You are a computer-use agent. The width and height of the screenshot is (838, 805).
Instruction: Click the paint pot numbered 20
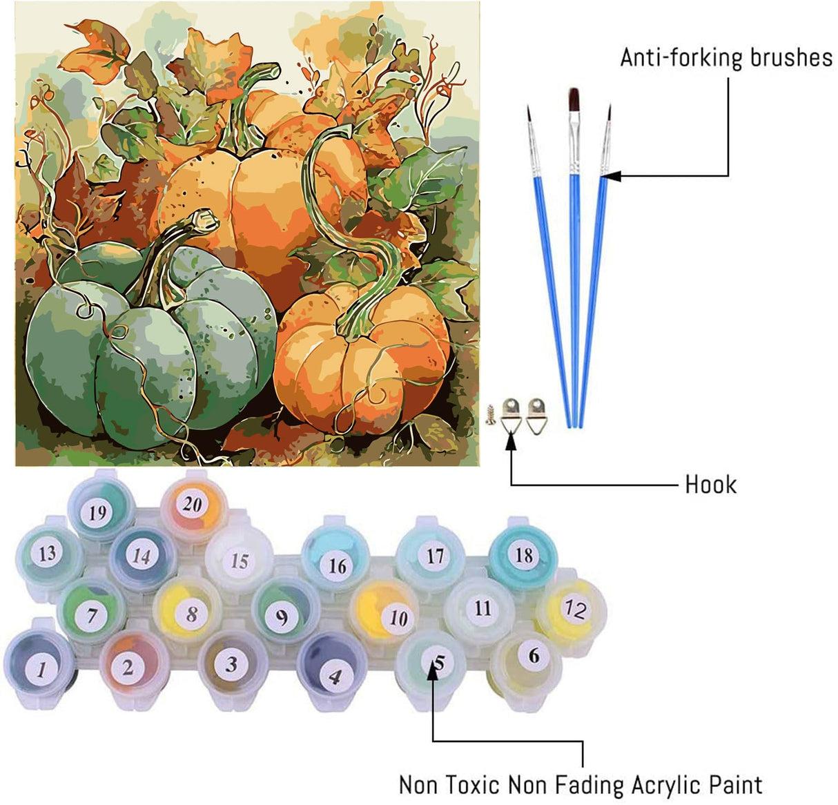click(192, 505)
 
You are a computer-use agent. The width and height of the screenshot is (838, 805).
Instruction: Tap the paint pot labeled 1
click(41, 668)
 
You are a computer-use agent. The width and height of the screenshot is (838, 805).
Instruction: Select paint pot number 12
click(574, 608)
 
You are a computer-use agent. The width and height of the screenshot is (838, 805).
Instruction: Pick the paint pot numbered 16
click(336, 565)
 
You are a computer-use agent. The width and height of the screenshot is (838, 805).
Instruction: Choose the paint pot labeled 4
click(333, 675)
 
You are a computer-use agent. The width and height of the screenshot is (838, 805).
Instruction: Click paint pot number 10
click(398, 617)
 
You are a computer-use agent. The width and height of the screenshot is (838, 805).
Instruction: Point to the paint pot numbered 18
click(524, 555)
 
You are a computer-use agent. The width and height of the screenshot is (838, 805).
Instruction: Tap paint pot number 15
click(239, 560)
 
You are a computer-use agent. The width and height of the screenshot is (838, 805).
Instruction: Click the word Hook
click(710, 485)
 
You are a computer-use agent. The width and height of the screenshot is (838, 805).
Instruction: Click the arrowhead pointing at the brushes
click(611, 176)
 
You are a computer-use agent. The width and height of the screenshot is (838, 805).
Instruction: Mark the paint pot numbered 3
click(231, 663)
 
